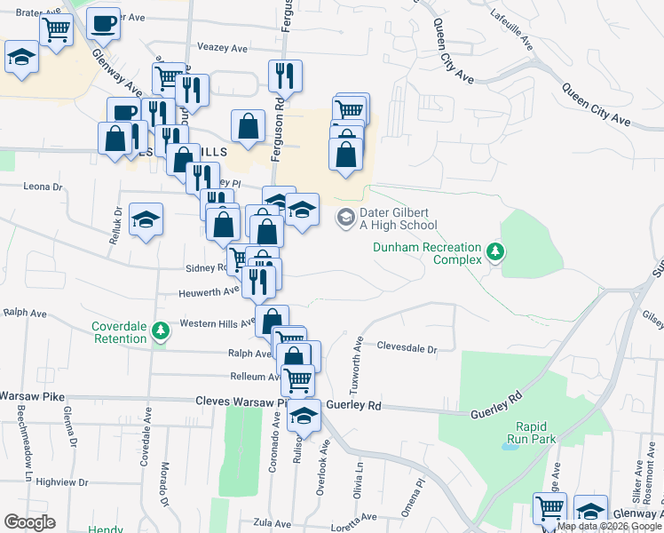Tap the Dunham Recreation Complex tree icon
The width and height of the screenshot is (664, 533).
(495, 253)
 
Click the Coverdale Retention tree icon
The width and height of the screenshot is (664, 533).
(161, 331)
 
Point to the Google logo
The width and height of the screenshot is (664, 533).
(29, 522)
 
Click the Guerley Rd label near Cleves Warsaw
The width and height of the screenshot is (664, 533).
(353, 406)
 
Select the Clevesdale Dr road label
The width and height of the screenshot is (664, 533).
(407, 349)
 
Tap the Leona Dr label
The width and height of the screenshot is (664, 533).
(43, 187)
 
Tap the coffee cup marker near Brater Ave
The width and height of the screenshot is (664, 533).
(103, 24)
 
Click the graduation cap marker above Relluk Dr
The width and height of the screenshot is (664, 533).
(146, 219)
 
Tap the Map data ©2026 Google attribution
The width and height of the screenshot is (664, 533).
(610, 527)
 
